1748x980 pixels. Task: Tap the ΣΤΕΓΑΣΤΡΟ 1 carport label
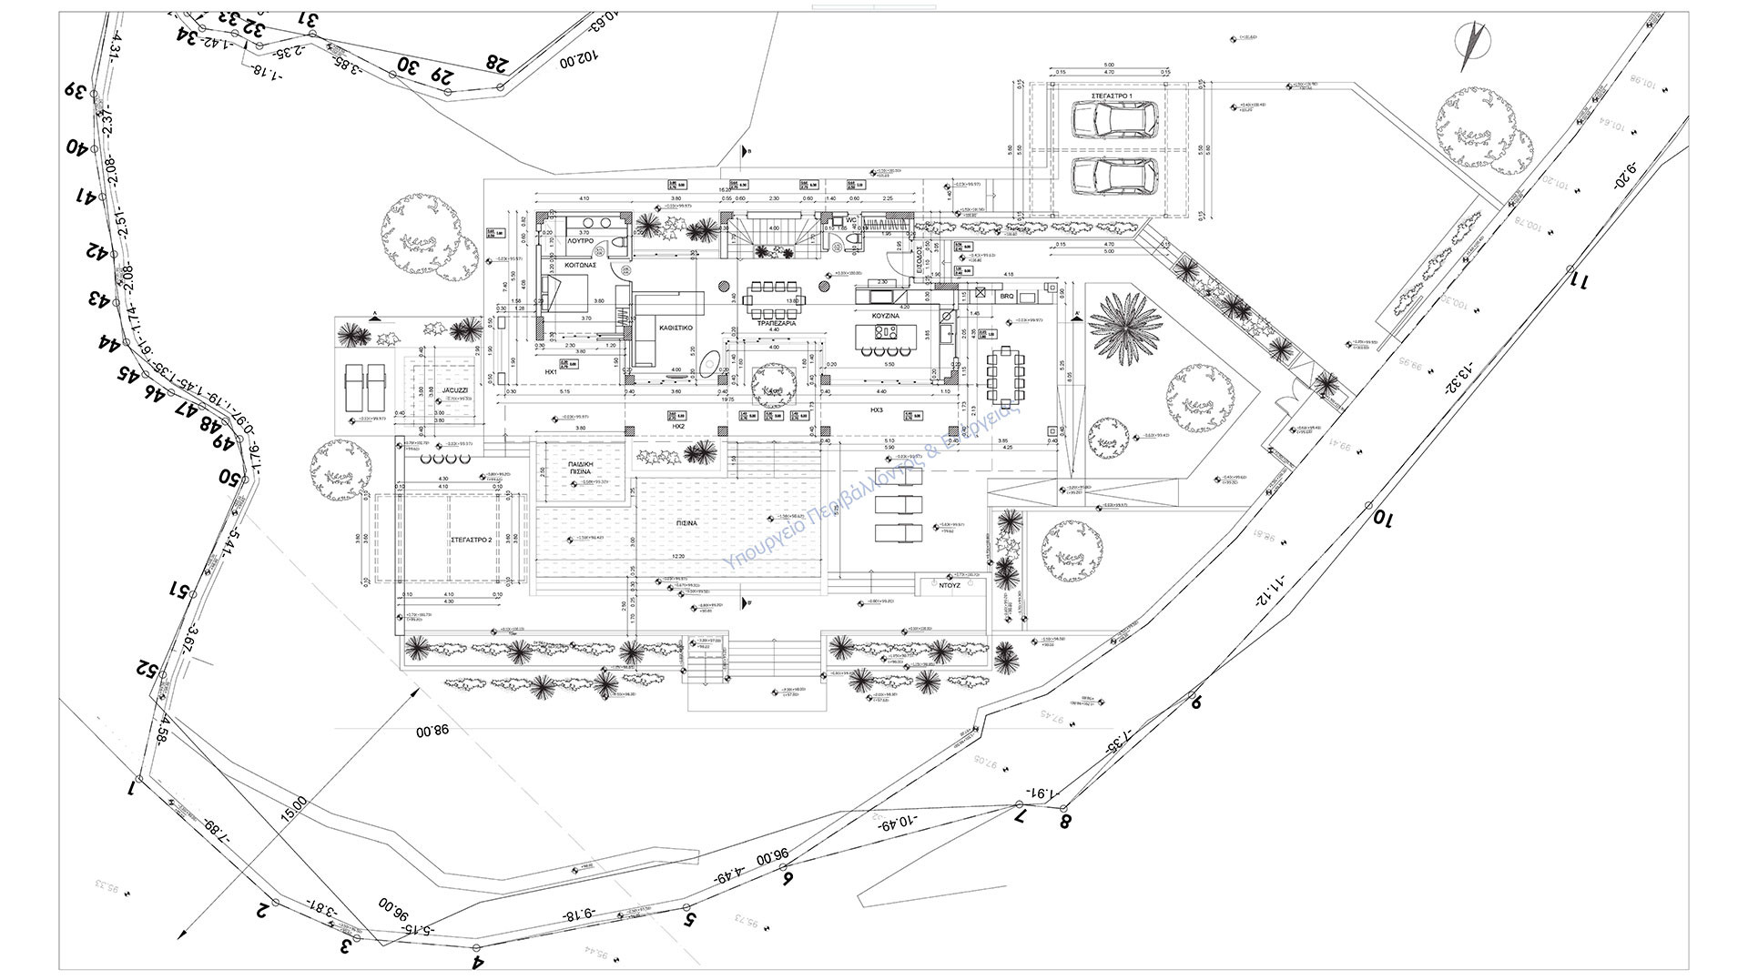click(x=1112, y=95)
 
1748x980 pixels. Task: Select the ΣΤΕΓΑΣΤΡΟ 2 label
click(x=472, y=540)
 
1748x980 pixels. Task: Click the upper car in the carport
click(x=1114, y=119)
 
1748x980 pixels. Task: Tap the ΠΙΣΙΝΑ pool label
click(x=686, y=524)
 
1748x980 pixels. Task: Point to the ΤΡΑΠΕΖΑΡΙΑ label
click(x=774, y=323)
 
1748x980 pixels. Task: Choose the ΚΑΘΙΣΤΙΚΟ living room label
click(x=676, y=325)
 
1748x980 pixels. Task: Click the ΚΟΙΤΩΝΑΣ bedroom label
click(x=579, y=265)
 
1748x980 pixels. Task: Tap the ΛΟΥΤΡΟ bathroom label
click(x=580, y=244)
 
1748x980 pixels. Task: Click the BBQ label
click(x=1006, y=297)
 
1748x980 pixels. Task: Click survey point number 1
click(x=132, y=787)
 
